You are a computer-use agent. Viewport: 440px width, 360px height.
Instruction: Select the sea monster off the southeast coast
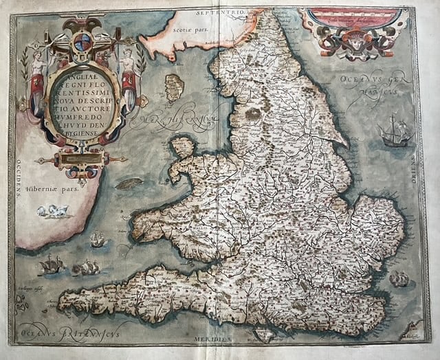point(399,278)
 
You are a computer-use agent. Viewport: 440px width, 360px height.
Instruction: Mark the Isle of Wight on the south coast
point(264,333)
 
